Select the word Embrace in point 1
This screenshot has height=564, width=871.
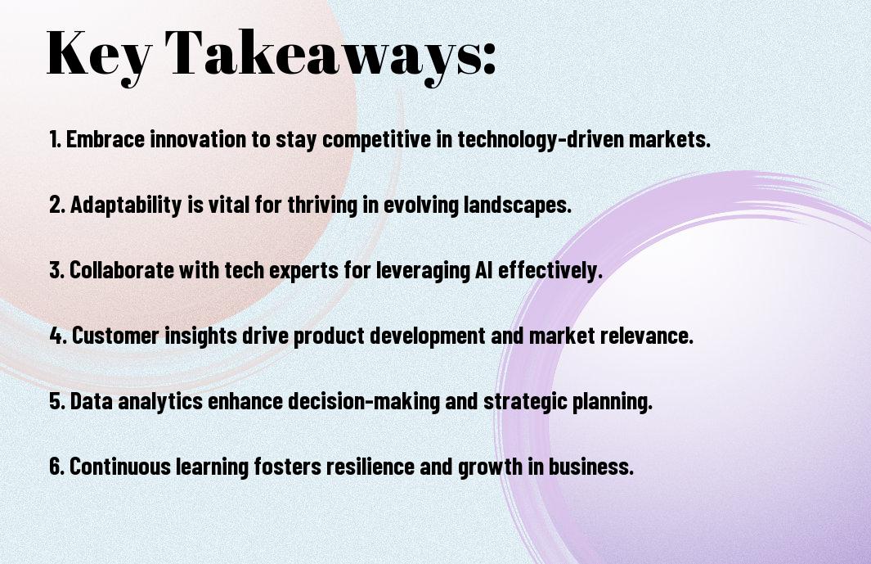coord(106,139)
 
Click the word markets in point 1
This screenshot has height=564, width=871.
coord(669,139)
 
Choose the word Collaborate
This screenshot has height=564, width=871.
coord(122,270)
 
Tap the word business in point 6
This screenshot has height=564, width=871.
coord(591,466)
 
